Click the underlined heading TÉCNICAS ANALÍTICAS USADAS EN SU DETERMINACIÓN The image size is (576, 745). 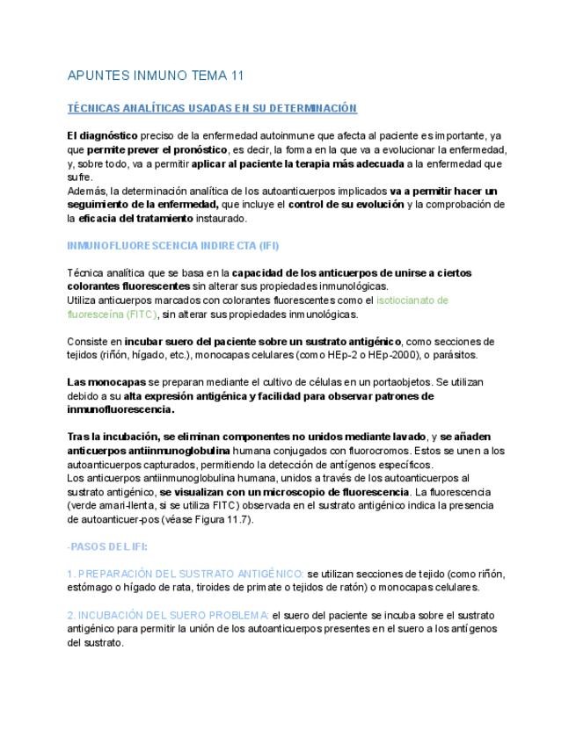tap(212, 108)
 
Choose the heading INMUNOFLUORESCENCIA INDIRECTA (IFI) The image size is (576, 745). tap(173, 245)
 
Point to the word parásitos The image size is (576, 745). tap(454, 355)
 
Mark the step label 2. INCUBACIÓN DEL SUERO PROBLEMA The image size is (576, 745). tap(168, 615)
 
